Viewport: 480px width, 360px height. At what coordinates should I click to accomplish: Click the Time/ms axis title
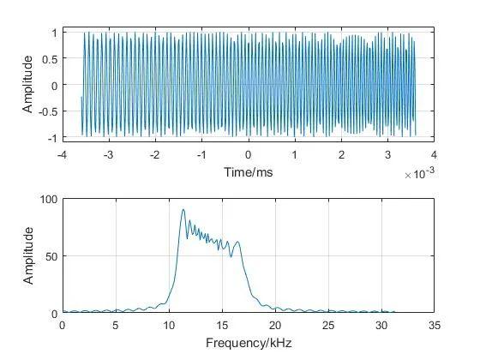coord(248,171)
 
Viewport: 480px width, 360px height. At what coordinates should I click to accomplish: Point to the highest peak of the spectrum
coord(183,209)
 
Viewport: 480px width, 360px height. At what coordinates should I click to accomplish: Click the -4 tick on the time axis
coord(62,155)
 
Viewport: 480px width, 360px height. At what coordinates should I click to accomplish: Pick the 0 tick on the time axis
coord(249,155)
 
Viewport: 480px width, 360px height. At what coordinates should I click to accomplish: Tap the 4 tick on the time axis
coord(435,155)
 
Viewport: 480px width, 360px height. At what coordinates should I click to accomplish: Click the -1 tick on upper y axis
coord(51,138)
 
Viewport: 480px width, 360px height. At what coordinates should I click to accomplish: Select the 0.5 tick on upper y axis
coord(49,58)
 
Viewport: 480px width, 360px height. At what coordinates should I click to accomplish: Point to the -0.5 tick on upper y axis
coord(47,111)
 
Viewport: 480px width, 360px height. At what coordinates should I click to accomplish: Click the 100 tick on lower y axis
coord(48,199)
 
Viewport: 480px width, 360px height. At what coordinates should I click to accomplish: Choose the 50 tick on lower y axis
coord(51,256)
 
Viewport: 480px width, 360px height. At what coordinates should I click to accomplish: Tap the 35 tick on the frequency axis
coord(435,327)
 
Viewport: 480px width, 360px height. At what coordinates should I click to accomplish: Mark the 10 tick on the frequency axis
coord(169,327)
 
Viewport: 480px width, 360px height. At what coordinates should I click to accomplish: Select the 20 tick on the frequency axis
coord(275,327)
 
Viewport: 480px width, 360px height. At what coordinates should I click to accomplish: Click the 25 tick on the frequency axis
coord(328,327)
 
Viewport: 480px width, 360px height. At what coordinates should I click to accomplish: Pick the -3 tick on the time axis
coord(108,155)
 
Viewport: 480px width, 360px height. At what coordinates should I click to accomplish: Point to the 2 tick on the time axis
coord(341,155)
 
